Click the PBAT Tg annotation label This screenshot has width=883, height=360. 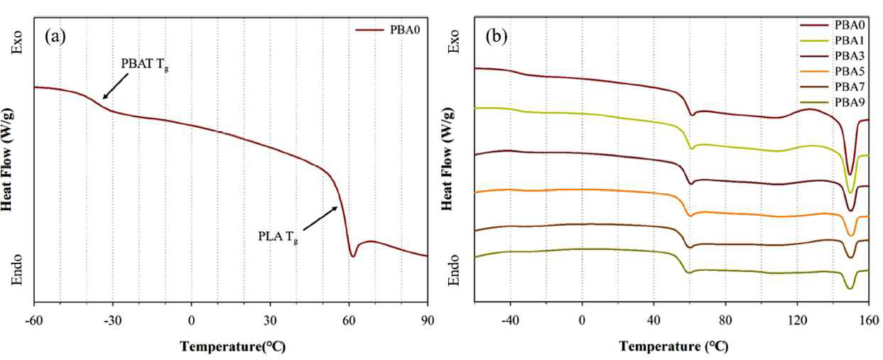tap(145, 65)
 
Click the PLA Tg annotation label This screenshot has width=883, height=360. tap(278, 237)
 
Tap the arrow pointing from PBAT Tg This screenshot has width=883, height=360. tap(116, 86)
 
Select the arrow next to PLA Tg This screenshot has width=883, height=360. tap(320, 219)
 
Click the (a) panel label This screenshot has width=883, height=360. tap(55, 37)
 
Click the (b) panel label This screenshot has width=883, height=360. tap(496, 37)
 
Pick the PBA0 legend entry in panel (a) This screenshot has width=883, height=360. tap(389, 30)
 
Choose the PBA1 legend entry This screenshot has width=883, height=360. tap(832, 40)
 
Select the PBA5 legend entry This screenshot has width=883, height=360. tap(832, 71)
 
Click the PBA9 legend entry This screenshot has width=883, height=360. tap(832, 102)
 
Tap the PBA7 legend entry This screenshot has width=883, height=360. tap(832, 87)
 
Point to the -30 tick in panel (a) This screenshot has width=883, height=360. tap(112, 321)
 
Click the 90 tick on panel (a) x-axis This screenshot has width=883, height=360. tap(428, 321)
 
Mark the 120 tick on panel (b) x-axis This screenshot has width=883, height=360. tap(797, 320)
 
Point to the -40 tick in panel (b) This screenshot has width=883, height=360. tap(510, 320)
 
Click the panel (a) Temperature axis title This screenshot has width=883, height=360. tap(232, 347)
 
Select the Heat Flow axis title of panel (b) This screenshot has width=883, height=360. tap(447, 160)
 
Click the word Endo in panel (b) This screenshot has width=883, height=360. tap(454, 269)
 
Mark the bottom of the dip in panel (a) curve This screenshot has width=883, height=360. tap(353, 256)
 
